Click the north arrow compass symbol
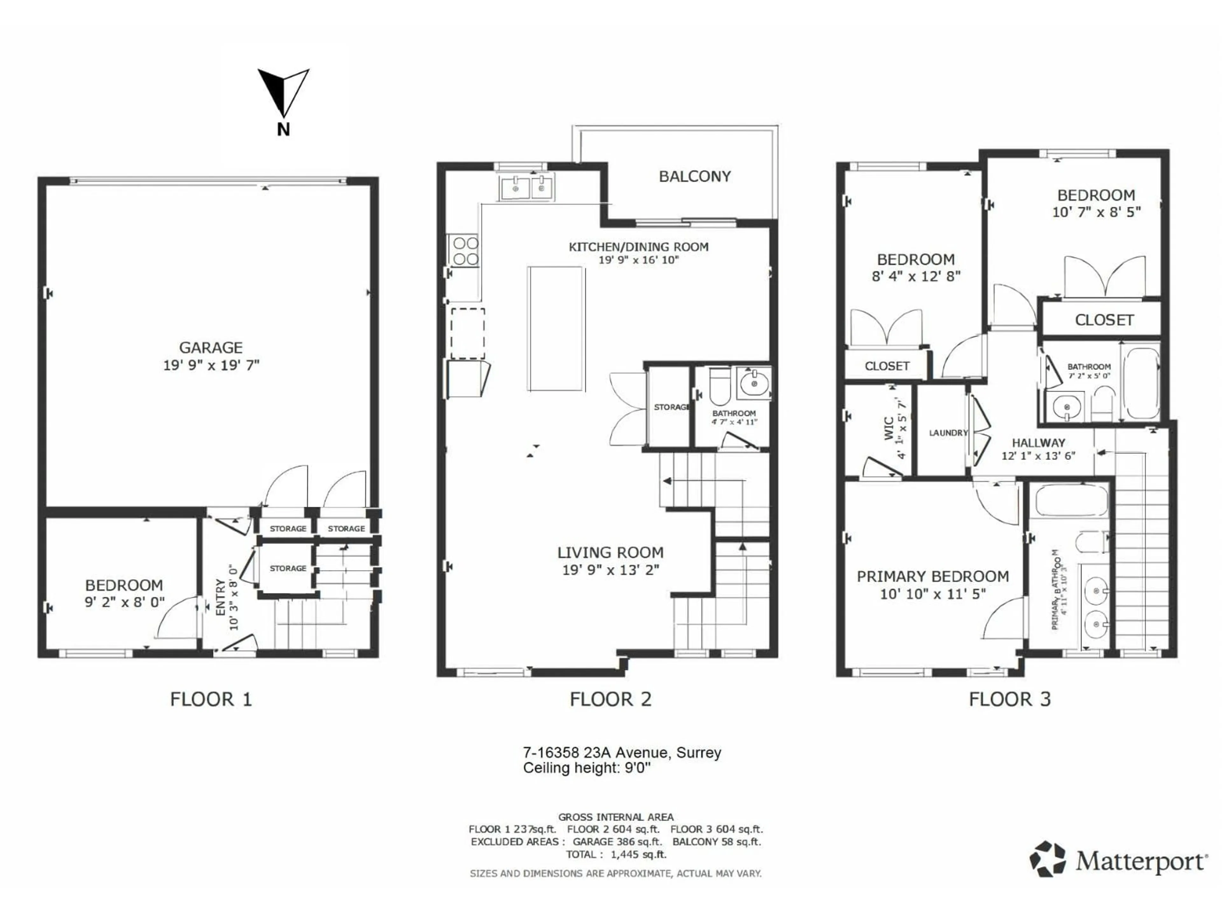(x=284, y=94)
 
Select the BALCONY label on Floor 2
(x=694, y=177)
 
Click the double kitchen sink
(x=526, y=188)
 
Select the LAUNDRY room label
(x=948, y=433)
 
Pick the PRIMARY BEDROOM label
(x=932, y=576)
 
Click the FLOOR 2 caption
(x=610, y=699)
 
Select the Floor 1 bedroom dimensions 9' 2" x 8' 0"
(x=124, y=602)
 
